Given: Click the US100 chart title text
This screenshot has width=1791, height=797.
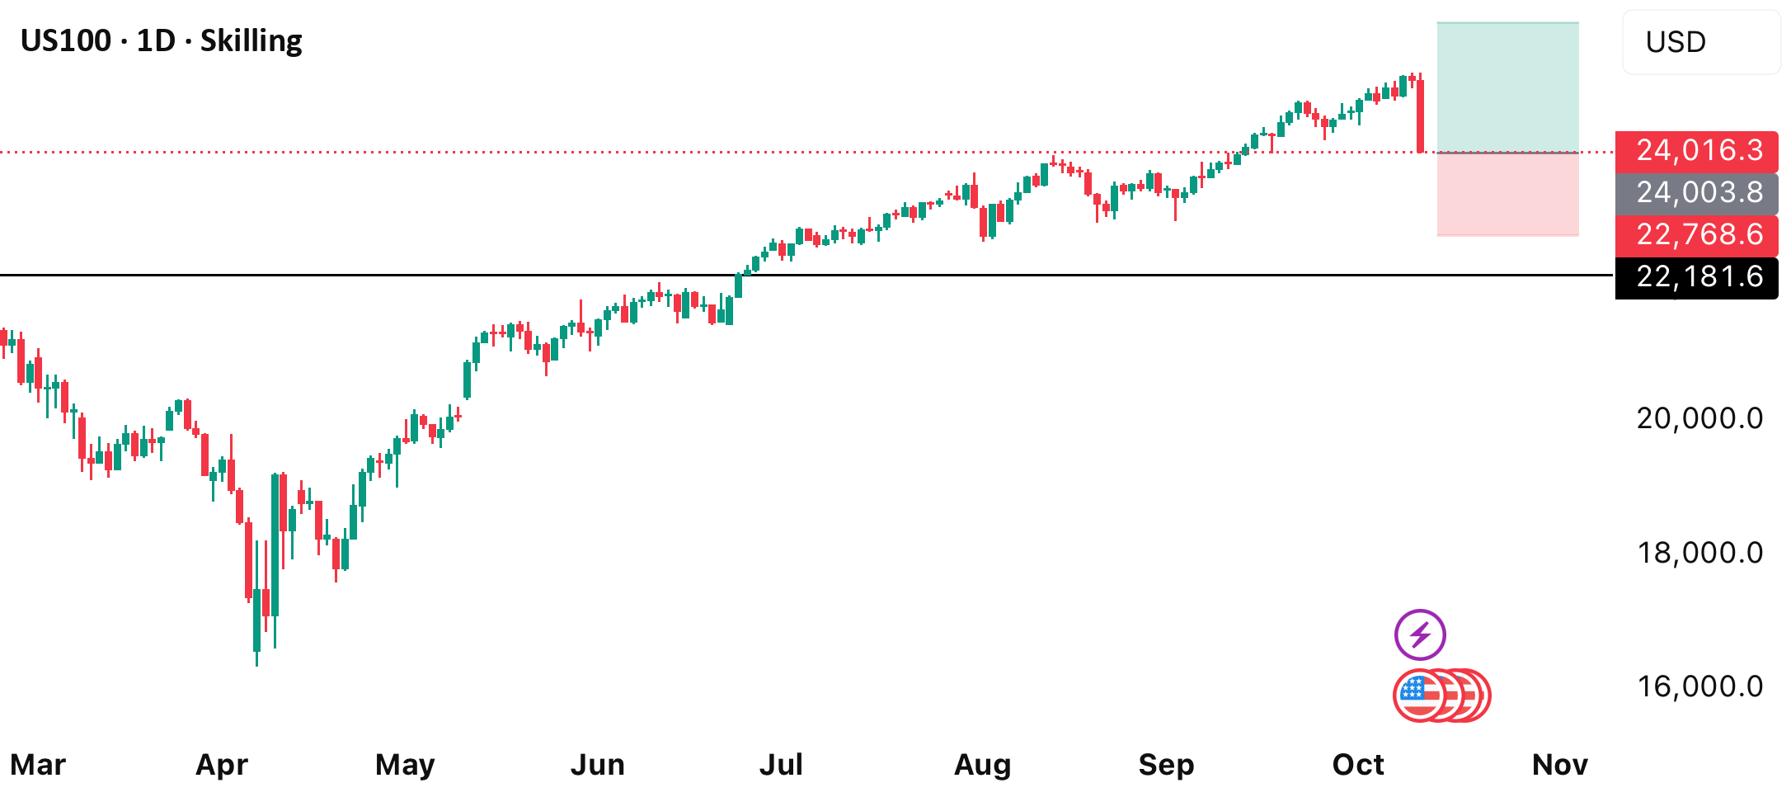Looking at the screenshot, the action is (162, 41).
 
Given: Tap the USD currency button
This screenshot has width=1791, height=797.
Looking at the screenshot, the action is (1700, 42).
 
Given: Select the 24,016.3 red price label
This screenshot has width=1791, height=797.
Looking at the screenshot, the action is (1697, 151).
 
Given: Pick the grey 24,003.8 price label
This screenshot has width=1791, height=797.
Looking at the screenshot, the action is (1697, 193).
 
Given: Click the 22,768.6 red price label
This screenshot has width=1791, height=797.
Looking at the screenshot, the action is (1697, 235).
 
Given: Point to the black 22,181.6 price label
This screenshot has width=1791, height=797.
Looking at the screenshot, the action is (1697, 277).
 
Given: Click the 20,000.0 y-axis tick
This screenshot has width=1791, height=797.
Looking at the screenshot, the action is (1699, 418).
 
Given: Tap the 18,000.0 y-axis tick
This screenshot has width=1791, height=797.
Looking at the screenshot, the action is (1699, 553).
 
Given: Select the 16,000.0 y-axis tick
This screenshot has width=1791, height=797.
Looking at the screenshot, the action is (1699, 686).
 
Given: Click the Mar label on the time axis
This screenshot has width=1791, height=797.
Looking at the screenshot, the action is (38, 765).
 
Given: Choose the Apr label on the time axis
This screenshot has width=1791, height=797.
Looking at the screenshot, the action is (222, 766).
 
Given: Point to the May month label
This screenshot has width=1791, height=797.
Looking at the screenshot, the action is (405, 766).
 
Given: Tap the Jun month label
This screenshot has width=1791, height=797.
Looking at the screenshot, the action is (598, 765).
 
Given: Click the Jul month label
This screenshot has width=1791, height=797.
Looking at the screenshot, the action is (781, 765).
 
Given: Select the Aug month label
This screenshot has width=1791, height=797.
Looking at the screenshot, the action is (982, 766).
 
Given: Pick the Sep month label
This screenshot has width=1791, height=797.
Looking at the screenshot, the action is (1166, 766).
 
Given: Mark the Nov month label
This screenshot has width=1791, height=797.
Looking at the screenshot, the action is (1560, 765).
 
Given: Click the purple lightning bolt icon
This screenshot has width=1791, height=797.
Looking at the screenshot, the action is (1420, 635).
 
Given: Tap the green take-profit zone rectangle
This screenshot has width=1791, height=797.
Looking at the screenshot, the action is (1508, 87).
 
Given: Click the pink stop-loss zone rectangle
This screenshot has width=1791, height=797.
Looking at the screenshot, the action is (1508, 195).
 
